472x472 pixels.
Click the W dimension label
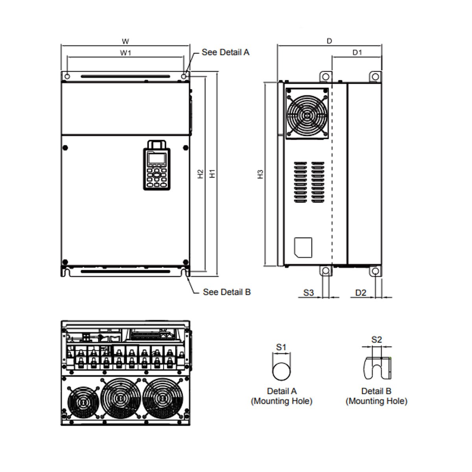click(125, 41)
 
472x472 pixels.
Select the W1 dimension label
click(125, 53)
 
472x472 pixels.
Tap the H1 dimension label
click(212, 174)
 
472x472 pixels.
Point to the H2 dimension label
click(201, 174)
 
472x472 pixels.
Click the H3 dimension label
click(260, 175)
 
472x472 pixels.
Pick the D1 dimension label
click(357, 52)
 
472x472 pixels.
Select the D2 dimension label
click(361, 293)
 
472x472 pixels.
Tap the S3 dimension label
click(309, 293)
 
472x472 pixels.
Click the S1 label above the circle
click(281, 347)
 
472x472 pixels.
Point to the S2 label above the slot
click(377, 340)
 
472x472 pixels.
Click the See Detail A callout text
click(225, 52)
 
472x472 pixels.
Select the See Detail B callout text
click(227, 292)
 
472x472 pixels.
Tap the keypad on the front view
click(157, 165)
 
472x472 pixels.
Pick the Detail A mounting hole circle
click(281, 371)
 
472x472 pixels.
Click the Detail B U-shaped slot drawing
click(377, 368)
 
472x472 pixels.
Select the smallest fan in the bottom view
click(83, 402)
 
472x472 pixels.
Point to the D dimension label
click(330, 41)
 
